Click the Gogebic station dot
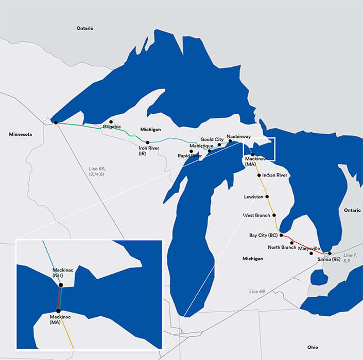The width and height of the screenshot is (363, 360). (111, 122)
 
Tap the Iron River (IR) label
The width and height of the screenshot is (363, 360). (149, 151)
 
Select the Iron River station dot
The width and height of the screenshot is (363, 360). (148, 142)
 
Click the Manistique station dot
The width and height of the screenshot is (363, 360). (210, 151)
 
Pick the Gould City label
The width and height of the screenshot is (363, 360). (212, 139)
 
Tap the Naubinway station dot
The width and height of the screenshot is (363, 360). (230, 141)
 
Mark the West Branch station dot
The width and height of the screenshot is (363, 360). (274, 215)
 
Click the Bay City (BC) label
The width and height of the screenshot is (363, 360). (263, 235)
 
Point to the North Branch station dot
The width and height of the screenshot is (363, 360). (292, 243)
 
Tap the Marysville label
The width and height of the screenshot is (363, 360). (309, 248)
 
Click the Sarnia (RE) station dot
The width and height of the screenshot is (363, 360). (330, 254)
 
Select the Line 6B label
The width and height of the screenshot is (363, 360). (257, 292)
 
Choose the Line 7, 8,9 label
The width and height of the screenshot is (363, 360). (350, 258)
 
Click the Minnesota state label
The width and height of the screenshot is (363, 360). (20, 134)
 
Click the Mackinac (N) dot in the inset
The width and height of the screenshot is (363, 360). (61, 285)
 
